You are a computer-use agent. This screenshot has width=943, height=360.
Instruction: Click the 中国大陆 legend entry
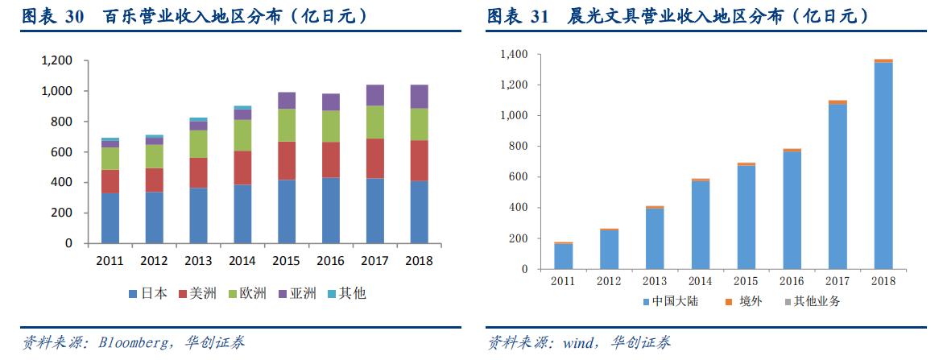[669, 301]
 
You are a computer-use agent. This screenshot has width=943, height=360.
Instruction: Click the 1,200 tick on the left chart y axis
[56, 60]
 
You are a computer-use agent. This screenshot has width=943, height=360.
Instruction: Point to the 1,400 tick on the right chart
[514, 54]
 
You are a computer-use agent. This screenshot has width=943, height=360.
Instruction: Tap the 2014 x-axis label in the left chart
[242, 261]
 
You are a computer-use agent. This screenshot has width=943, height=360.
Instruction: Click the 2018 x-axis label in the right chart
[883, 280]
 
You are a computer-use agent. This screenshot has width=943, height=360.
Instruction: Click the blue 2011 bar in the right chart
[564, 256]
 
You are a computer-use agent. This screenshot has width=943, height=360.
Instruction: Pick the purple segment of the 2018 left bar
[419, 97]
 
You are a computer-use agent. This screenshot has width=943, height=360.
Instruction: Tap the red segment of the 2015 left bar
[287, 160]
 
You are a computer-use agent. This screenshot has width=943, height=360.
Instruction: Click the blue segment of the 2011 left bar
[110, 217]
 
